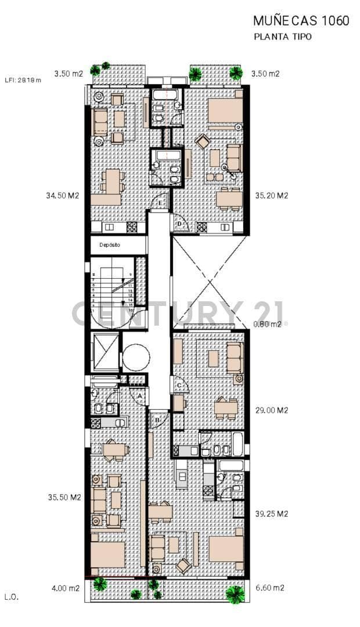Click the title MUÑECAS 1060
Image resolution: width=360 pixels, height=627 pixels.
tap(301, 21)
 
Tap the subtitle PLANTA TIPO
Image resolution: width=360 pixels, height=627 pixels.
tap(283, 37)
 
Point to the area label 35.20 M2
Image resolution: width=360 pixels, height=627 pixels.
tap(271, 196)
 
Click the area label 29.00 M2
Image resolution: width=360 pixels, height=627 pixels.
tap(271, 410)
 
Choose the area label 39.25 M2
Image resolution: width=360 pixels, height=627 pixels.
tap(271, 514)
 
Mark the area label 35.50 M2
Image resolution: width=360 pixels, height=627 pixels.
tap(64, 498)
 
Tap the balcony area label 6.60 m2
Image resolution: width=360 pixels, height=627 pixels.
tap(269, 588)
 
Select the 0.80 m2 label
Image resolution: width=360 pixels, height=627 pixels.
tap(268, 324)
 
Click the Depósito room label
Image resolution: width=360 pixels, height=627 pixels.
tap(109, 245)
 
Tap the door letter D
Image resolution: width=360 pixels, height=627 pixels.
tap(179, 224)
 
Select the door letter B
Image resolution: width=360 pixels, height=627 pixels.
tap(157, 419)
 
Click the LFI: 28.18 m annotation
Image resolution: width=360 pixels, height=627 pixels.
tap(23, 80)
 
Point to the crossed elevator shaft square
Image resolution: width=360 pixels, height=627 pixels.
tap(106, 351)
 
